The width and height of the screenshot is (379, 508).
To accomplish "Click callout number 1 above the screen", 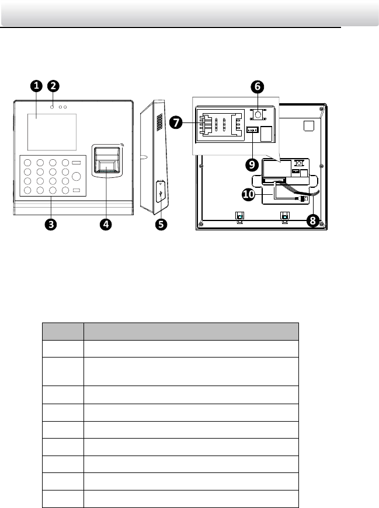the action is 36,86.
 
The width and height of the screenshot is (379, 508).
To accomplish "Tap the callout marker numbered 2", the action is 53,86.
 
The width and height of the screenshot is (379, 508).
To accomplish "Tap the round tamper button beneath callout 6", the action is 258,114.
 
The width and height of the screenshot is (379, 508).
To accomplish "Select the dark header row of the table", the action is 171,331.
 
